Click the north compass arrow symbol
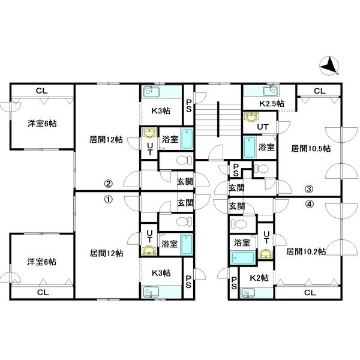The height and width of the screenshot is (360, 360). (329, 66)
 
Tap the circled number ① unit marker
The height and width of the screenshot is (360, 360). (109, 199)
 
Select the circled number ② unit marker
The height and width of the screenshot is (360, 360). (109, 184)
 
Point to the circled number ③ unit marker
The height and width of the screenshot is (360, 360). (309, 189)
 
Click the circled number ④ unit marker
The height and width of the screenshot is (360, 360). (309, 204)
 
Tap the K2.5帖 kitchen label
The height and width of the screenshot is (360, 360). (272, 104)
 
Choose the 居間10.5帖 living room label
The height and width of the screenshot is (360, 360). (311, 149)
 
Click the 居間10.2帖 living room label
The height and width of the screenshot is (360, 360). (306, 251)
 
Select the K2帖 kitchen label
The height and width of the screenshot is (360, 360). (259, 278)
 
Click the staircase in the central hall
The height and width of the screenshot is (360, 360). (218, 119)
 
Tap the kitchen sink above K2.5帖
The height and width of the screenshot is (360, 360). (271, 91)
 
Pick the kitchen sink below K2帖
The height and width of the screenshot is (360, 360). (248, 293)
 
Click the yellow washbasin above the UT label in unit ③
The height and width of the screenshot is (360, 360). (251, 117)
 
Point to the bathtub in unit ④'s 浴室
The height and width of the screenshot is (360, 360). (243, 257)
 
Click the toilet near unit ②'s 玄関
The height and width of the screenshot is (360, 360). (184, 160)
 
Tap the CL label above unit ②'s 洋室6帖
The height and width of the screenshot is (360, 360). (42, 91)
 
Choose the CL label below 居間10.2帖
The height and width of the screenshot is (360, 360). (310, 293)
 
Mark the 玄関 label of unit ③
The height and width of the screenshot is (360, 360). (237, 188)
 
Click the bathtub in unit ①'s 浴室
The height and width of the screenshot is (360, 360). (187, 244)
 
